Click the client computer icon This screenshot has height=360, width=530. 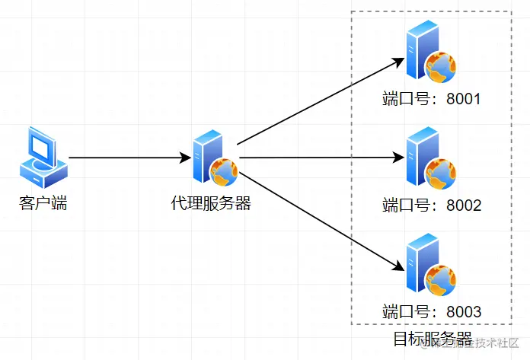[43, 158]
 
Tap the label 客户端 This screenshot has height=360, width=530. [43, 203]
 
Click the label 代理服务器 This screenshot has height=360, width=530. [212, 203]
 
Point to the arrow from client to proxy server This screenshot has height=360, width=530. [129, 158]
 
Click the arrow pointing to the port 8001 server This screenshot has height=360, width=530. [320, 100]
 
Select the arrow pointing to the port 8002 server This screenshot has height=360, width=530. [320, 158]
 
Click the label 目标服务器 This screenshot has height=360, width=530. [432, 339]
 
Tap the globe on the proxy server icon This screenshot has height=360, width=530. [224, 172]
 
